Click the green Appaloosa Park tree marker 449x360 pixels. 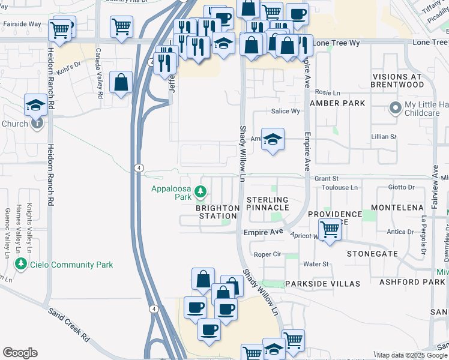click(x=200, y=193)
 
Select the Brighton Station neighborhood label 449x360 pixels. click(x=217, y=212)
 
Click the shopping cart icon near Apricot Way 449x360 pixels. click(x=330, y=229)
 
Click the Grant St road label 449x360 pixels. click(x=327, y=179)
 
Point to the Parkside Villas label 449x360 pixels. click(x=322, y=283)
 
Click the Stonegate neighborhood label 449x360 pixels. click(x=372, y=254)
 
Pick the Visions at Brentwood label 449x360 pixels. click(x=406, y=81)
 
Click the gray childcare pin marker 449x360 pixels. click(x=395, y=108)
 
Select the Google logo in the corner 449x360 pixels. click(x=20, y=353)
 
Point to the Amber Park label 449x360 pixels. click(x=337, y=103)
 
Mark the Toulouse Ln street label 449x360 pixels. click(x=337, y=187)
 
